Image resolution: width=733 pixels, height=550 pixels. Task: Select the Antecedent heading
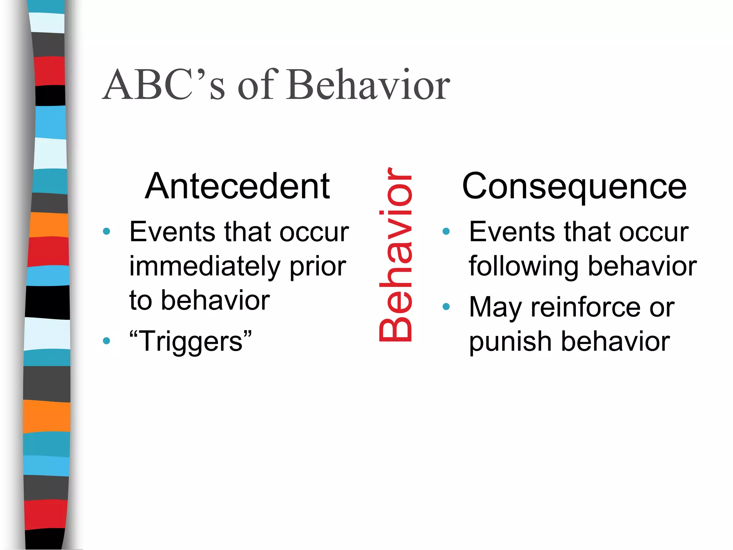tap(237, 186)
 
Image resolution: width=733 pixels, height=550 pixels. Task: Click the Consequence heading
tap(574, 186)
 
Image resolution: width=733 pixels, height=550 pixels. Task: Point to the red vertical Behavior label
tap(395, 254)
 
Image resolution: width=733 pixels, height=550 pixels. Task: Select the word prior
tap(317, 267)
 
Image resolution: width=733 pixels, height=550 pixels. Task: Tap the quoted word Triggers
tap(190, 341)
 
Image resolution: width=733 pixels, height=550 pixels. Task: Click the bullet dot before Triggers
tap(106, 341)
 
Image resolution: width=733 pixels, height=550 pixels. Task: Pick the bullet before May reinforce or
tap(446, 307)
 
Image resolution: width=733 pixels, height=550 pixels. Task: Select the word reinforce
tap(587, 307)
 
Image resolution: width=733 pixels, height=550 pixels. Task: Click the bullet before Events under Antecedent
tap(106, 231)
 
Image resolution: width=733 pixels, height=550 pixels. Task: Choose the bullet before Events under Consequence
tap(446, 231)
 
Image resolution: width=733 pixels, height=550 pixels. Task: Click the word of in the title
tap(257, 85)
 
